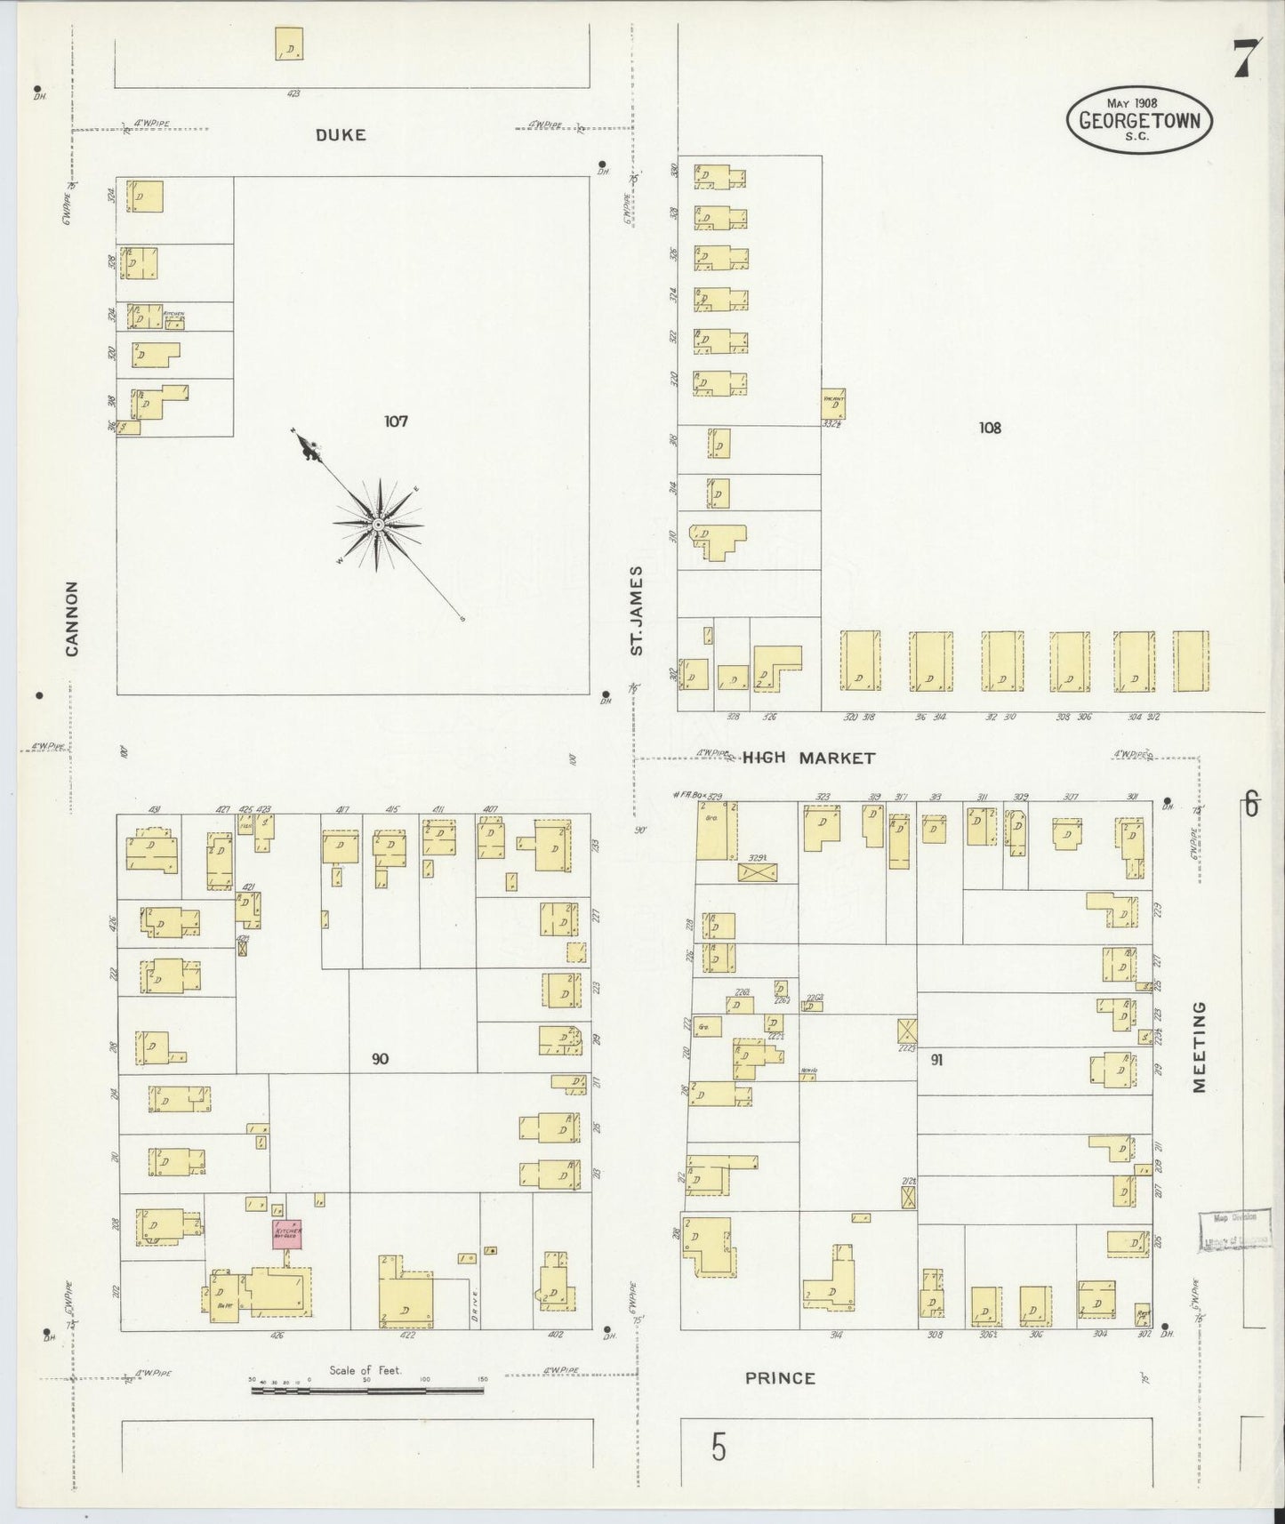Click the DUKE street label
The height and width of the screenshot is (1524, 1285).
pyautogui.click(x=341, y=135)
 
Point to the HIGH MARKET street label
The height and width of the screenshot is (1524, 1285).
pyautogui.click(x=808, y=758)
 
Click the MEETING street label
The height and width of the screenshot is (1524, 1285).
pyautogui.click(x=1200, y=1047)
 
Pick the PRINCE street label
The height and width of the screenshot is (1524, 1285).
pyautogui.click(x=780, y=1403)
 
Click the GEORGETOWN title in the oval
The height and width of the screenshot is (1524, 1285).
pyautogui.click(x=1139, y=120)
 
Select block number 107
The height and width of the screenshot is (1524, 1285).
pyautogui.click(x=396, y=421)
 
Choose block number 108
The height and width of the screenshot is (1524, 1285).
pyautogui.click(x=990, y=428)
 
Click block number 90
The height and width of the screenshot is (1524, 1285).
pyautogui.click(x=381, y=1059)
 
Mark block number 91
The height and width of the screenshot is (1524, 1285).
pyautogui.click(x=936, y=1059)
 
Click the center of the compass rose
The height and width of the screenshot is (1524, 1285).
pyautogui.click(x=378, y=524)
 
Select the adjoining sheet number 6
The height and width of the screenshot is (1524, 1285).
pyautogui.click(x=1251, y=806)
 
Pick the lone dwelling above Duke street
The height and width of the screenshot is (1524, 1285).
pyautogui.click(x=289, y=44)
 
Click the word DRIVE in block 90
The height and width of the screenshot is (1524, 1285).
pyautogui.click(x=477, y=1305)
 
